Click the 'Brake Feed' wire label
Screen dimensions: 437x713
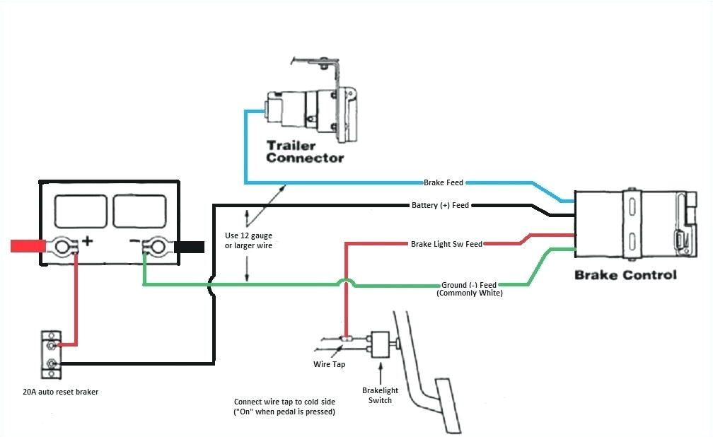tap(444, 182)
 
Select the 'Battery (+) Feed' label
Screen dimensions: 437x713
tap(440, 206)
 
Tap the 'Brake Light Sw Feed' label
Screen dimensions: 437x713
tap(446, 244)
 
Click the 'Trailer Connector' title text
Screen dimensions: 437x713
tap(305, 151)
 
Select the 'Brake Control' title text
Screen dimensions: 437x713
tap(625, 274)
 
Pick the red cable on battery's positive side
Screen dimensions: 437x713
tap(28, 246)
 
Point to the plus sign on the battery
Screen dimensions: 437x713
tap(87, 241)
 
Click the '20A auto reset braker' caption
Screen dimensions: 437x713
tap(60, 391)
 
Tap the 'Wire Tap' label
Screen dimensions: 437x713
tap(328, 365)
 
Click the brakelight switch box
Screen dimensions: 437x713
tap(380, 344)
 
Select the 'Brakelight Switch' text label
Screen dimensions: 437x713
tap(381, 395)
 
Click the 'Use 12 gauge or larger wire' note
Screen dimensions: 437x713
tap(248, 240)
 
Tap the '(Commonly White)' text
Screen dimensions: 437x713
tap(470, 293)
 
